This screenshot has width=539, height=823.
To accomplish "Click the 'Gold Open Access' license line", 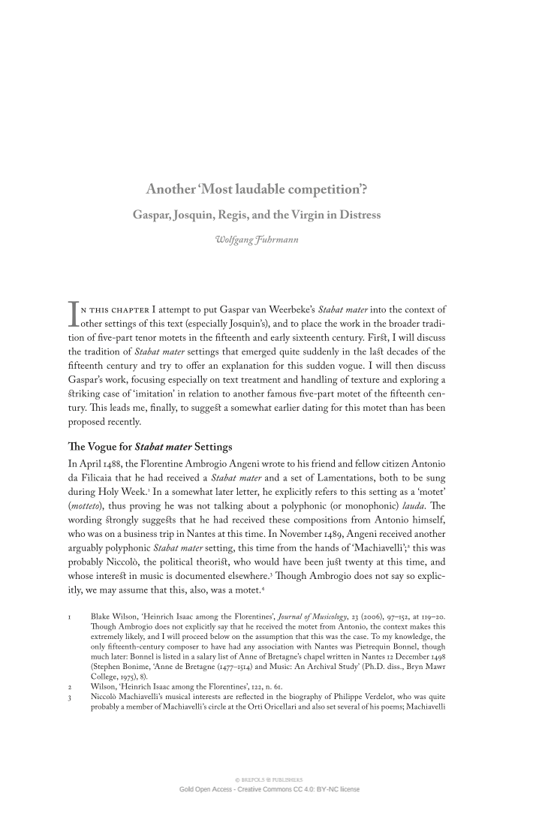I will point(269,789).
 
